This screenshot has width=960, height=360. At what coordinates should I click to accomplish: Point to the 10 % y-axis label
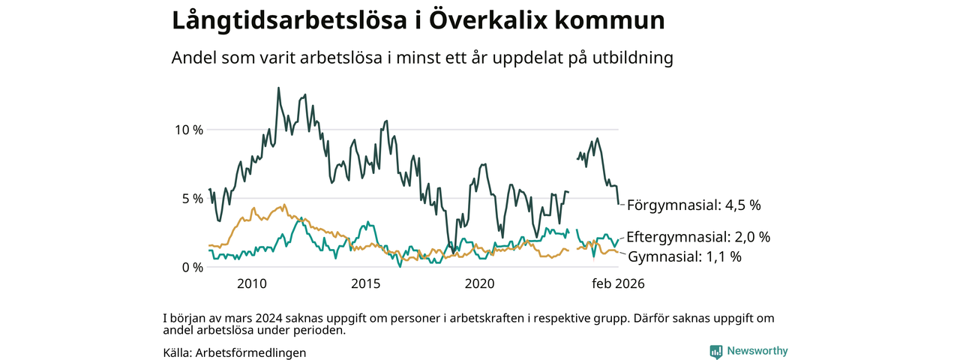click(188, 129)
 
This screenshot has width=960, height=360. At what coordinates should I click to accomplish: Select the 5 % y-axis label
click(191, 198)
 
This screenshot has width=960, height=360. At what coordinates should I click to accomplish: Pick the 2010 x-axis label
click(252, 284)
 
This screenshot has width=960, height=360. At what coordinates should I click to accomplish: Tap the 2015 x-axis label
click(366, 284)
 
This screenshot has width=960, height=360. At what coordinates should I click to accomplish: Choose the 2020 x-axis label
click(480, 284)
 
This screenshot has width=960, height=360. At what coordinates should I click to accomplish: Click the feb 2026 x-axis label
click(619, 284)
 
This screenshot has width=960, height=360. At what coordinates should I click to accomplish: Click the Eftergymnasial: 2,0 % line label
click(698, 237)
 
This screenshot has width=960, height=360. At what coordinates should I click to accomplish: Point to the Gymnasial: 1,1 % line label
click(685, 256)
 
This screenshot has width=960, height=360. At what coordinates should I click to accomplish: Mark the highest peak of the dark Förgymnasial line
click(279, 88)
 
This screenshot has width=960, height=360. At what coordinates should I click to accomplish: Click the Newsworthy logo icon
click(716, 351)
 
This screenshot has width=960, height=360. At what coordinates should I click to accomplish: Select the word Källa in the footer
click(176, 352)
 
